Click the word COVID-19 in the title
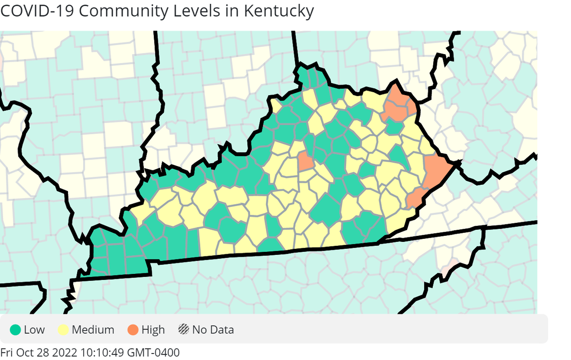point(36,11)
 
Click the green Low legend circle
point(16,329)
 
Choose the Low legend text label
point(34,329)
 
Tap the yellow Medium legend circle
point(63,329)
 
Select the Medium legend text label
point(93,329)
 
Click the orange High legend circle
point(133,329)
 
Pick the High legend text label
point(153,329)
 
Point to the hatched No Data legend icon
point(184,329)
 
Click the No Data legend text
point(213,329)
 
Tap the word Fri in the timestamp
point(7,352)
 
